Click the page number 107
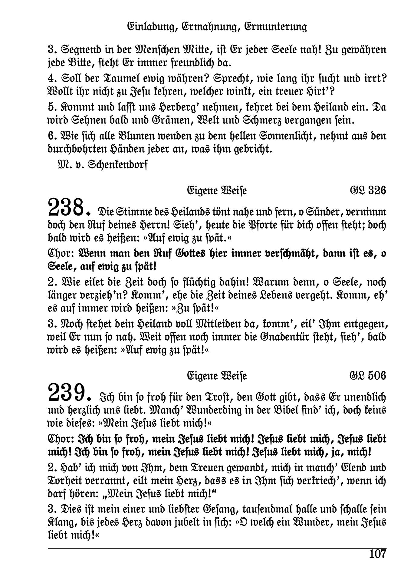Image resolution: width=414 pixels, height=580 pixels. (378, 554)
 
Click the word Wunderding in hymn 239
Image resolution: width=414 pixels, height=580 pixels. (215, 410)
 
